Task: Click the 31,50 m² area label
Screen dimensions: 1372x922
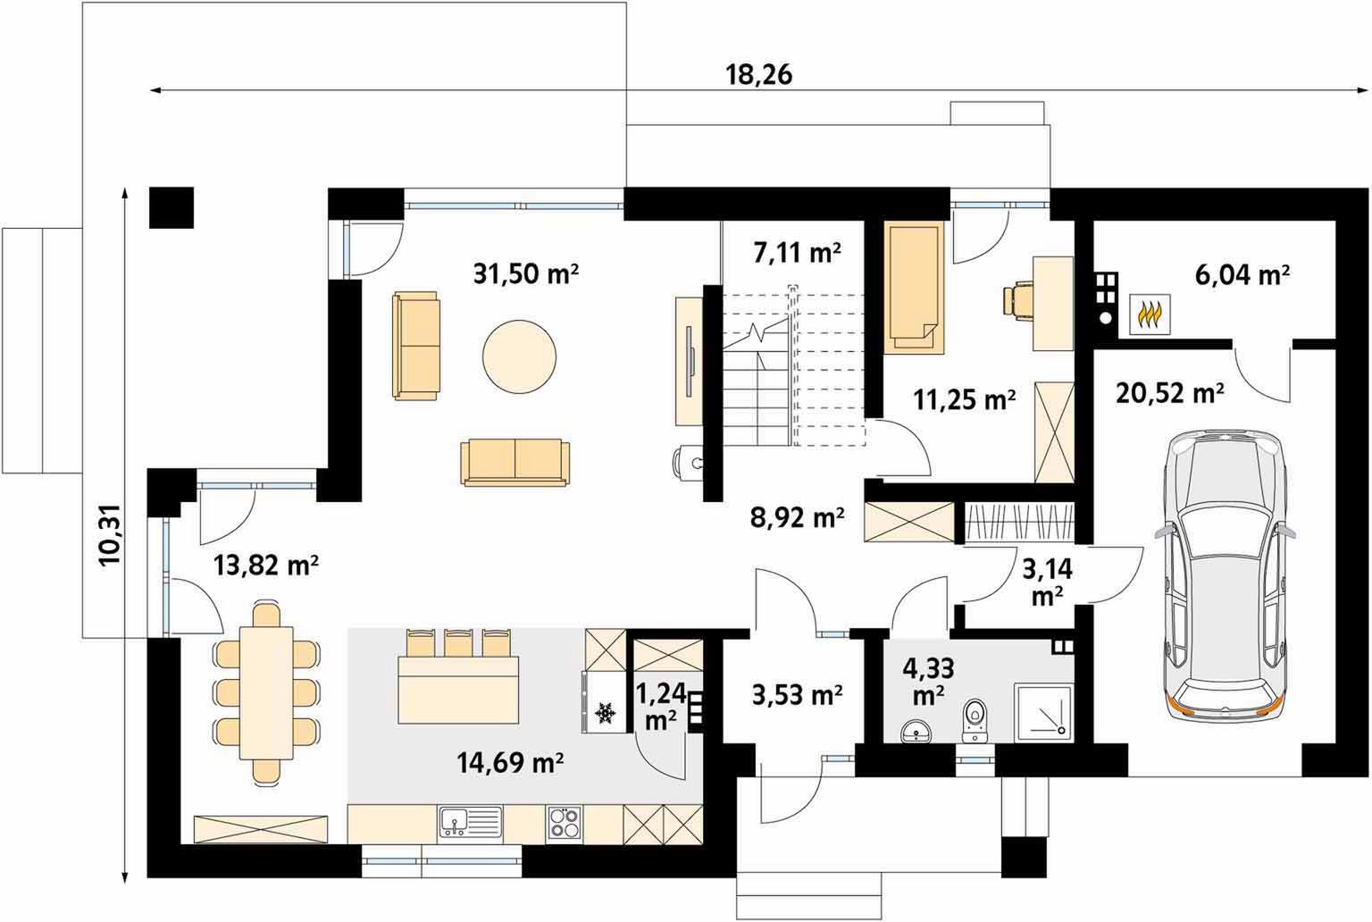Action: [525, 273]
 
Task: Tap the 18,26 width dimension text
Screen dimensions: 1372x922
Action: [759, 75]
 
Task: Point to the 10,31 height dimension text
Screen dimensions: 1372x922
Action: [110, 535]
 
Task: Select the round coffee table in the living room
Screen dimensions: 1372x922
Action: [519, 356]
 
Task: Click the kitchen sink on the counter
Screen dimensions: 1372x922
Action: [470, 822]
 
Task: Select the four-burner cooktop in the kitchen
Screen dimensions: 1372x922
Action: [565, 822]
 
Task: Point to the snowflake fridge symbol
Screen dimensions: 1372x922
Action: [606, 712]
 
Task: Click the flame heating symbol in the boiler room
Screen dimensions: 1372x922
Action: [1150, 314]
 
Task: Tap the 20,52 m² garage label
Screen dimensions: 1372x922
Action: [1170, 393]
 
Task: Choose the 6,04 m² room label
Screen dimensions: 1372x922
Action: [1242, 275]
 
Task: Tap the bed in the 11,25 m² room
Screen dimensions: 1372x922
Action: [914, 288]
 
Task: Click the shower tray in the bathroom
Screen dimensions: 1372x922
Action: [1043, 713]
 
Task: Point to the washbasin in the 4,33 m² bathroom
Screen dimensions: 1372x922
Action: [916, 730]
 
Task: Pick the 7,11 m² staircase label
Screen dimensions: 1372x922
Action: [797, 252]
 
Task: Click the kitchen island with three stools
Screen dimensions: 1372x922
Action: [458, 676]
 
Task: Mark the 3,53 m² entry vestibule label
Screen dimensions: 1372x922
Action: [797, 695]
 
